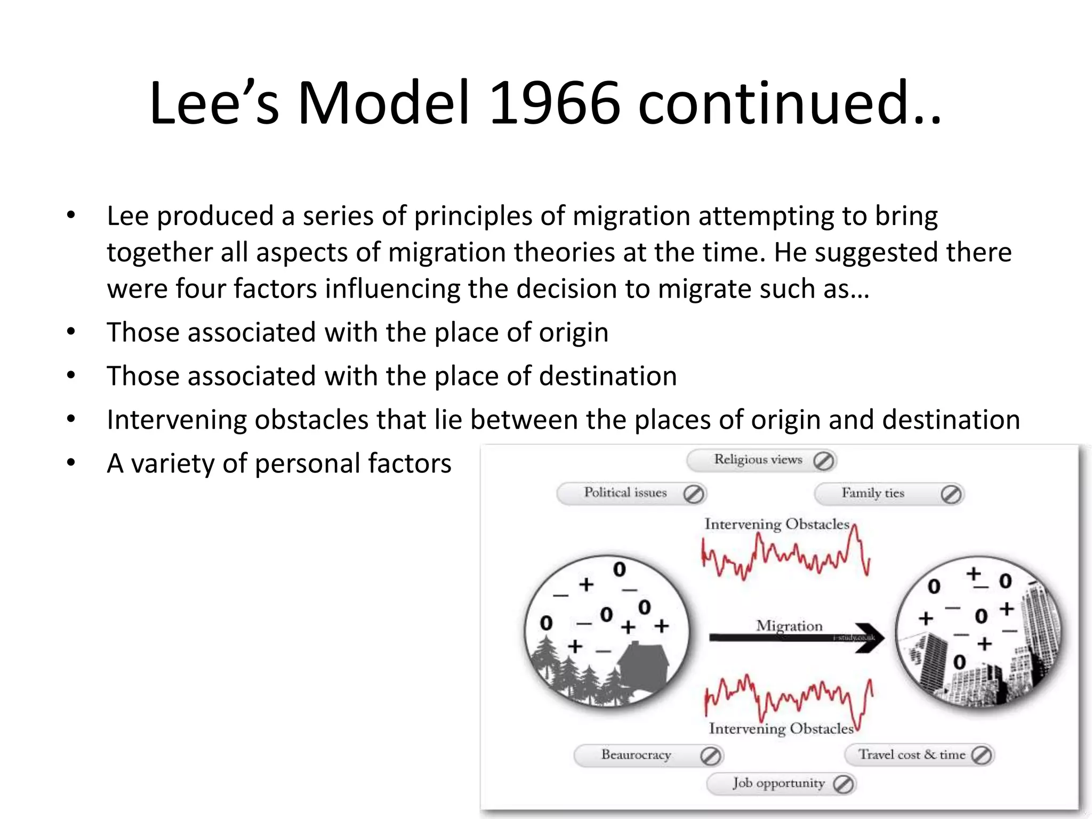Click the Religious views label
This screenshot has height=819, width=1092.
tap(758, 460)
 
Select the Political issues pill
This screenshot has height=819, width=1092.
tap(625, 493)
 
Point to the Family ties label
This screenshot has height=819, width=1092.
tap(872, 493)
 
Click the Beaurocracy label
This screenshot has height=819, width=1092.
tap(636, 755)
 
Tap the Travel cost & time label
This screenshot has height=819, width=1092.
tap(911, 755)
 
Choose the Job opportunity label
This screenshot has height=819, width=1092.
tap(778, 783)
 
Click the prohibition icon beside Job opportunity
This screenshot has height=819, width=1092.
tap(843, 784)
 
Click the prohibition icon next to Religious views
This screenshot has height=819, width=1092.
tap(824, 461)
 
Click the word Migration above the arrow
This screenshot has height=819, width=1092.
tap(789, 625)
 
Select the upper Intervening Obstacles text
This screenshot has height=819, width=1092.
tap(776, 524)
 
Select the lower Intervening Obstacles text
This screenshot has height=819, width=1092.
tap(781, 729)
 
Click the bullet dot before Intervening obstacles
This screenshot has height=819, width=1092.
tap(71, 419)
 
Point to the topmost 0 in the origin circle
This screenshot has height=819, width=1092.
tap(619, 569)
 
